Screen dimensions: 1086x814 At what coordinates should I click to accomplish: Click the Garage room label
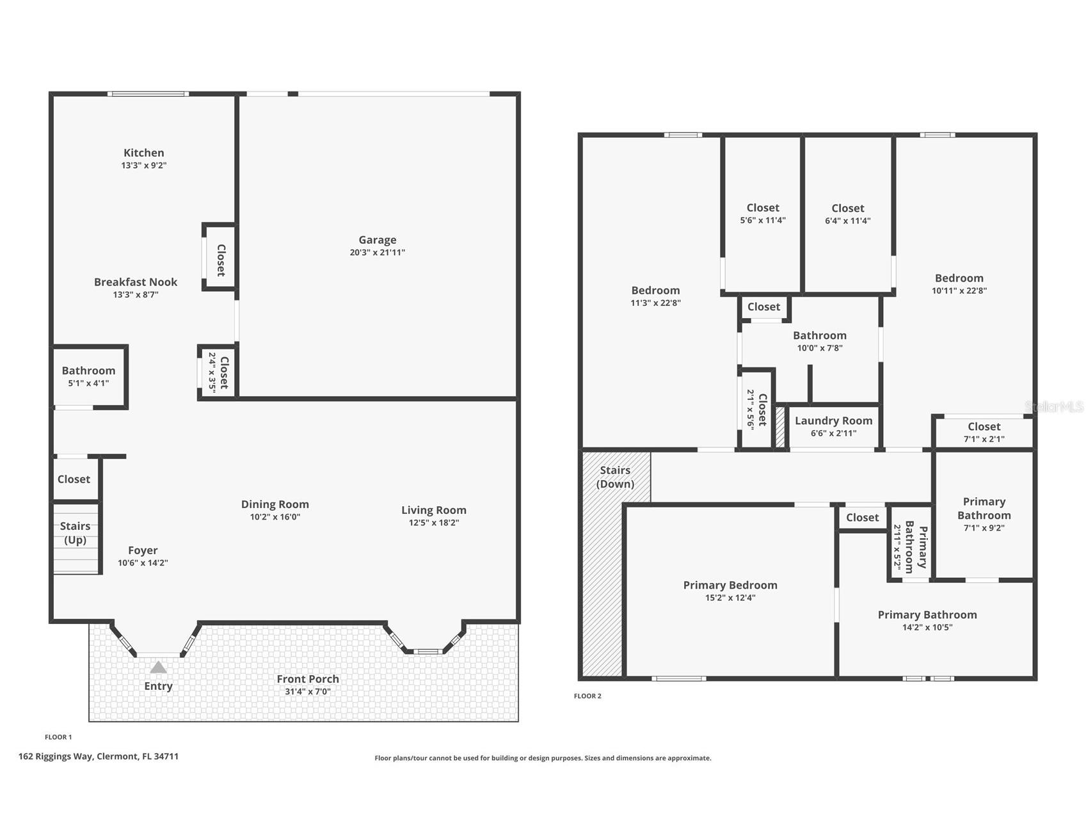[378, 240]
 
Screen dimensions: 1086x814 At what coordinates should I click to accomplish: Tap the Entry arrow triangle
[159, 667]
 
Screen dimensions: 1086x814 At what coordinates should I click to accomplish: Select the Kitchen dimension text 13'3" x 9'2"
[144, 165]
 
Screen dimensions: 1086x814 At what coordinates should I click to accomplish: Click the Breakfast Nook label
[136, 282]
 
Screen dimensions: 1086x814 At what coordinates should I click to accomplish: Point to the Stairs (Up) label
[75, 533]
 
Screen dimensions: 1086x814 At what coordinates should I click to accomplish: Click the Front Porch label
[308, 679]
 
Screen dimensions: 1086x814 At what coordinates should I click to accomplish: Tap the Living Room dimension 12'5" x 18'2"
[434, 522]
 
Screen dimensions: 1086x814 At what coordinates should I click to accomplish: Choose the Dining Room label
[275, 504]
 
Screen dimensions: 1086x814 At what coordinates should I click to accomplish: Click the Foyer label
[143, 550]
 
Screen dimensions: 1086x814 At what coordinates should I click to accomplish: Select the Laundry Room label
[834, 420]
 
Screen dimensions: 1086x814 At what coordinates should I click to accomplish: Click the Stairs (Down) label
[616, 477]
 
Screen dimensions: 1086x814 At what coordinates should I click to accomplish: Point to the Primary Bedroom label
[730, 585]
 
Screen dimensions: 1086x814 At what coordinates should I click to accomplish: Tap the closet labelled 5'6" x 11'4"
[763, 213]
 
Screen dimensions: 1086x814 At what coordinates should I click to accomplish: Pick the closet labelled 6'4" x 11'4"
[848, 214]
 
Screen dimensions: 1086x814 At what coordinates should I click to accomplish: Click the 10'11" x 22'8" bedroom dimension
[959, 290]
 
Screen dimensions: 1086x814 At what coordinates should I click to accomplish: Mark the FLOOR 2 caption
[587, 696]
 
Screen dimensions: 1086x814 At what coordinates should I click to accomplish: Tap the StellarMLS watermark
[1054, 406]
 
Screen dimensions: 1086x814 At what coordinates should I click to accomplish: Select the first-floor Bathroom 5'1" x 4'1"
[88, 376]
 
